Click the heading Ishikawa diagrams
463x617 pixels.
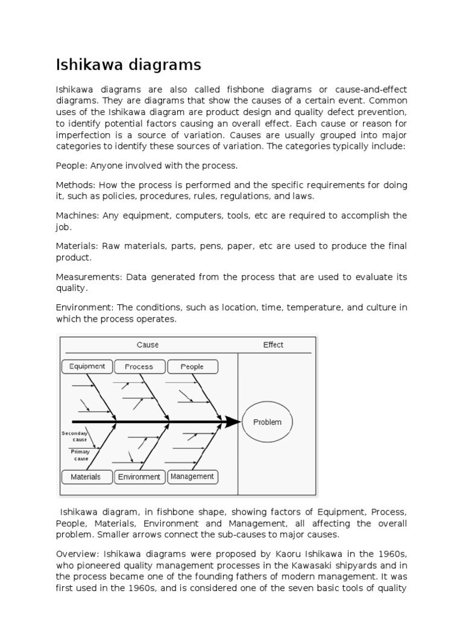click(128, 64)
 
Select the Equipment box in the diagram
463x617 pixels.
click(87, 366)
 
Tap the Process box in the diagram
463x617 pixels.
click(139, 366)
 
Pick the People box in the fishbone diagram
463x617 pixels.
click(192, 366)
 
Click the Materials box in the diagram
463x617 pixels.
click(86, 477)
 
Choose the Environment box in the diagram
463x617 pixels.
click(139, 477)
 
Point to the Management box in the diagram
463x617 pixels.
click(192, 477)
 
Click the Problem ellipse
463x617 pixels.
click(267, 422)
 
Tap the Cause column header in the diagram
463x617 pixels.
click(148, 345)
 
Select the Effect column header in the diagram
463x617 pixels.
click(273, 345)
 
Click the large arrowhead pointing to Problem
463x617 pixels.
click(233, 422)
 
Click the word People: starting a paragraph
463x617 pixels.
click(71, 165)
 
